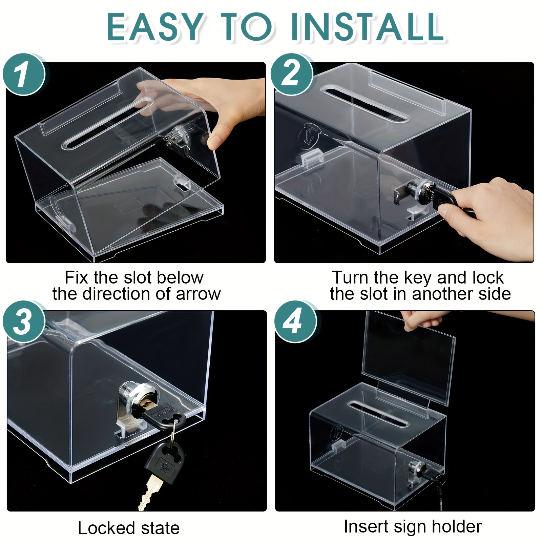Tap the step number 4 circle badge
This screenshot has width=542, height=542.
[293, 322]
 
